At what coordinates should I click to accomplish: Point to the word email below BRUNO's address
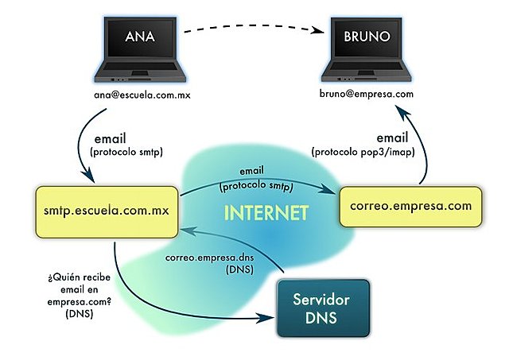[x=391, y=137]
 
